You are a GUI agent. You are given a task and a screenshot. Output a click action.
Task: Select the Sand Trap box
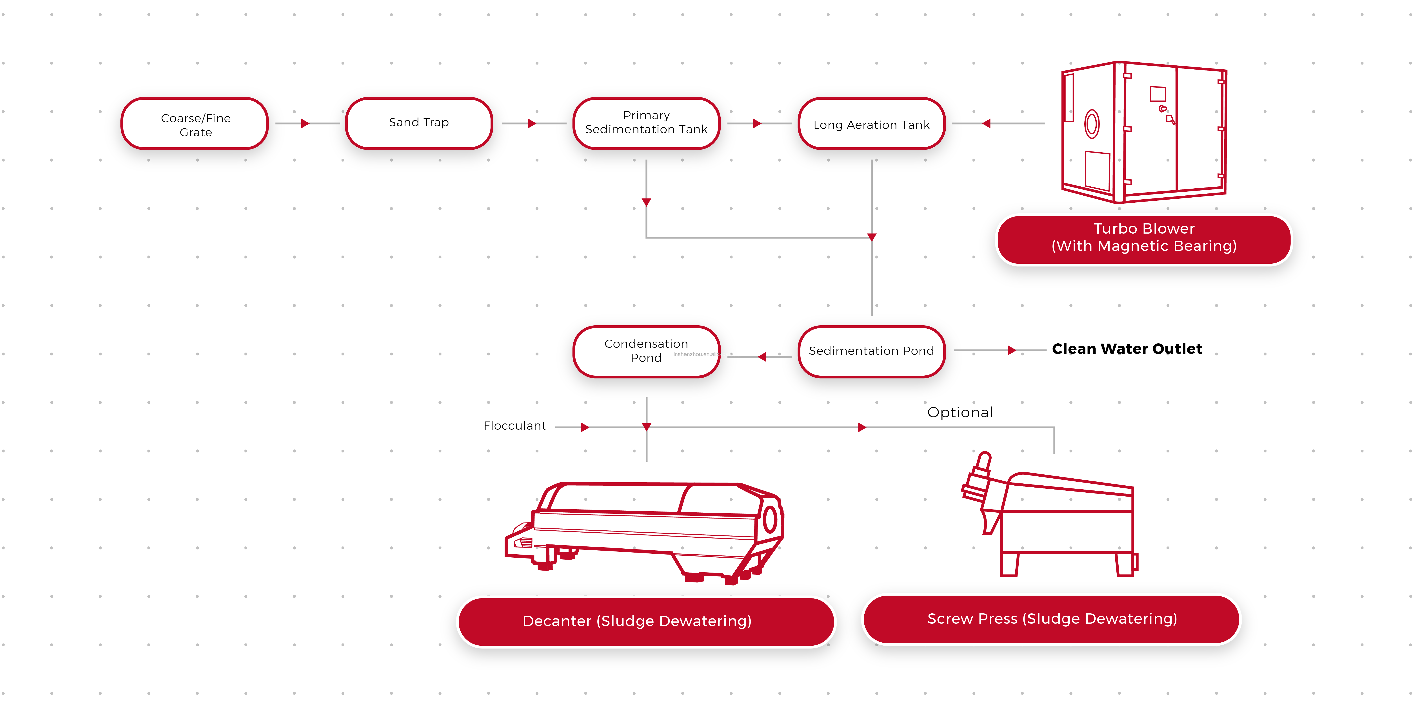click(x=419, y=123)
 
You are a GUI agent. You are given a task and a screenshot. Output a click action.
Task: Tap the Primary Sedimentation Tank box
click(x=646, y=123)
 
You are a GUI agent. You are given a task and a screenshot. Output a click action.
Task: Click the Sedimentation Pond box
click(x=871, y=351)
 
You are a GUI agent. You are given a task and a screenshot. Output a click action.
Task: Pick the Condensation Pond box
click(x=646, y=351)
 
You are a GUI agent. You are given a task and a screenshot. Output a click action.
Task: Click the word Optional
click(x=960, y=413)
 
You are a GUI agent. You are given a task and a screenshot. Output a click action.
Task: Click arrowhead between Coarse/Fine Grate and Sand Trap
click(x=305, y=123)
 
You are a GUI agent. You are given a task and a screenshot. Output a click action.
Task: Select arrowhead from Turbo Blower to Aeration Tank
click(x=986, y=123)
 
